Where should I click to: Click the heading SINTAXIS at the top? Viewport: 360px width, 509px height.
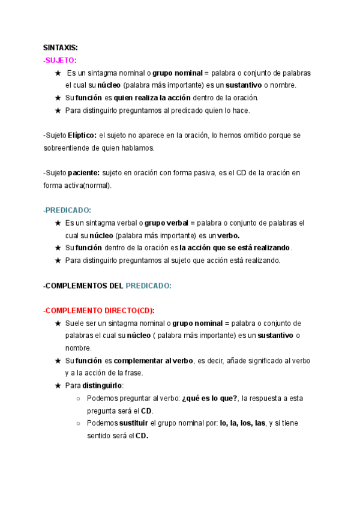click(x=61, y=48)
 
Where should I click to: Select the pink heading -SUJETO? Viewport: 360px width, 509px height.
click(x=60, y=61)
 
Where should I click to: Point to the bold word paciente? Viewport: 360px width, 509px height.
click(x=83, y=173)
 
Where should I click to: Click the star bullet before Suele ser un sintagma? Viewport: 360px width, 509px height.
click(x=58, y=323)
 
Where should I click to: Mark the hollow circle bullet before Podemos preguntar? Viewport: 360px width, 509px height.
click(x=80, y=398)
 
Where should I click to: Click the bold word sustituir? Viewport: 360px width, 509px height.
click(x=133, y=423)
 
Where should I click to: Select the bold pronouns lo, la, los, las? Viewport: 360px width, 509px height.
click(x=242, y=423)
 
